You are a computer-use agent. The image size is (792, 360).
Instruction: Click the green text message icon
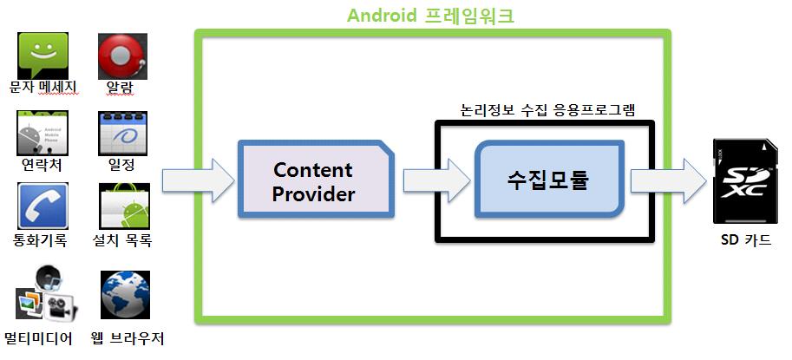43,54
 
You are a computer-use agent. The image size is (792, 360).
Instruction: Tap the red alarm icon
122,56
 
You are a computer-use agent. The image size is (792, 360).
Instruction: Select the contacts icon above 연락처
43,133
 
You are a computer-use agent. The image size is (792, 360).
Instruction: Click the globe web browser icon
125,295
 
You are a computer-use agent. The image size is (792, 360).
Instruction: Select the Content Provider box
314,181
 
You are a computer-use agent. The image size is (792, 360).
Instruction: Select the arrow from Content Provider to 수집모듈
435,180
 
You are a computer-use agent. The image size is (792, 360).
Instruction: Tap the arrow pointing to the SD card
668,180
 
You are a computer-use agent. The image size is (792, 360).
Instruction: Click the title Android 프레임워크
430,16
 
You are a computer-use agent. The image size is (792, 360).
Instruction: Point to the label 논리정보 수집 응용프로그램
547,110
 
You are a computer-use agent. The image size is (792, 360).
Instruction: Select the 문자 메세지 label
43,87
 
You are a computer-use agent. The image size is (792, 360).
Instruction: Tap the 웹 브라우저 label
127,337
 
